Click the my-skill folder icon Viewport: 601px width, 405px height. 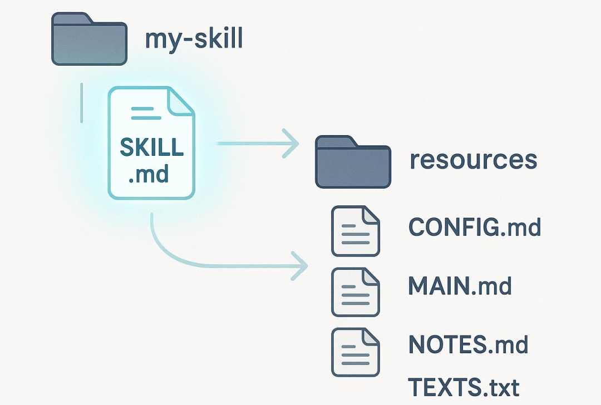89,39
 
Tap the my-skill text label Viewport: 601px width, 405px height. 194,40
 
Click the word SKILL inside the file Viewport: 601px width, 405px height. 151,148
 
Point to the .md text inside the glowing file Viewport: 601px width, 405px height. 149,175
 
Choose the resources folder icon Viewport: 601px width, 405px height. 353,162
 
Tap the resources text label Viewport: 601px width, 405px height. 473,160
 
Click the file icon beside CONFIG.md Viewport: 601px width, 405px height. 356,231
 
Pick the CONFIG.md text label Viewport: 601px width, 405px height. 474,227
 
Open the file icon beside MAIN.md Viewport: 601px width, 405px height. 356,292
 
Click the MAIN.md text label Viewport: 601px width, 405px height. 460,286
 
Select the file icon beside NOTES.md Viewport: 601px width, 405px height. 356,352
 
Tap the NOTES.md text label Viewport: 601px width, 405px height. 468,345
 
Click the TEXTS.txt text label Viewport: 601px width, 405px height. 464,386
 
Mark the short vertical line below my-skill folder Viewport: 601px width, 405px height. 82,102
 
